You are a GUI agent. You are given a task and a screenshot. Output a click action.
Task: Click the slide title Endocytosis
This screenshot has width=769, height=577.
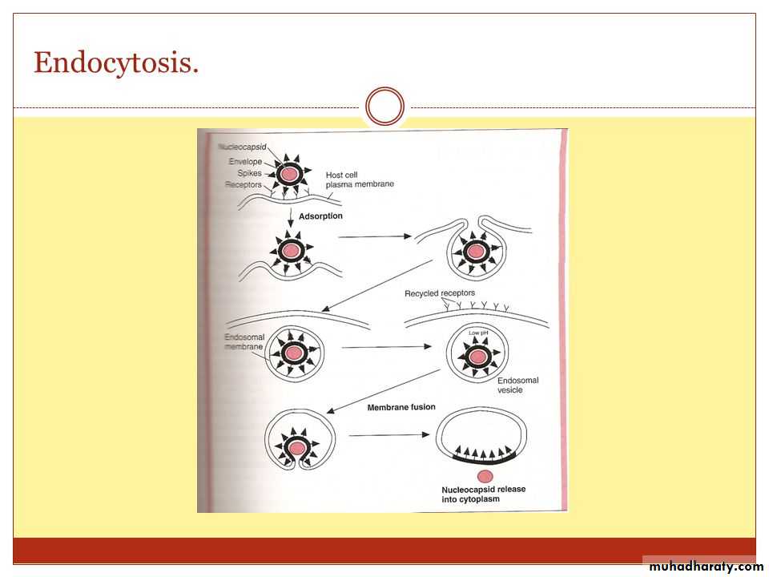tap(116, 63)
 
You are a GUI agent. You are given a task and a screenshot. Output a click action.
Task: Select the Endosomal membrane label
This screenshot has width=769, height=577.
tap(244, 343)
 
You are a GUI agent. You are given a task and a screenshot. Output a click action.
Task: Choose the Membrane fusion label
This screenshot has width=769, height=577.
tap(401, 407)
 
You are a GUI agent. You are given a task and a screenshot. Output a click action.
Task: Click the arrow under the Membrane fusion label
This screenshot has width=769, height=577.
tap(388, 435)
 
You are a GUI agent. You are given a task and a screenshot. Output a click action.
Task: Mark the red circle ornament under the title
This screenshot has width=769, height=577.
tap(384, 107)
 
